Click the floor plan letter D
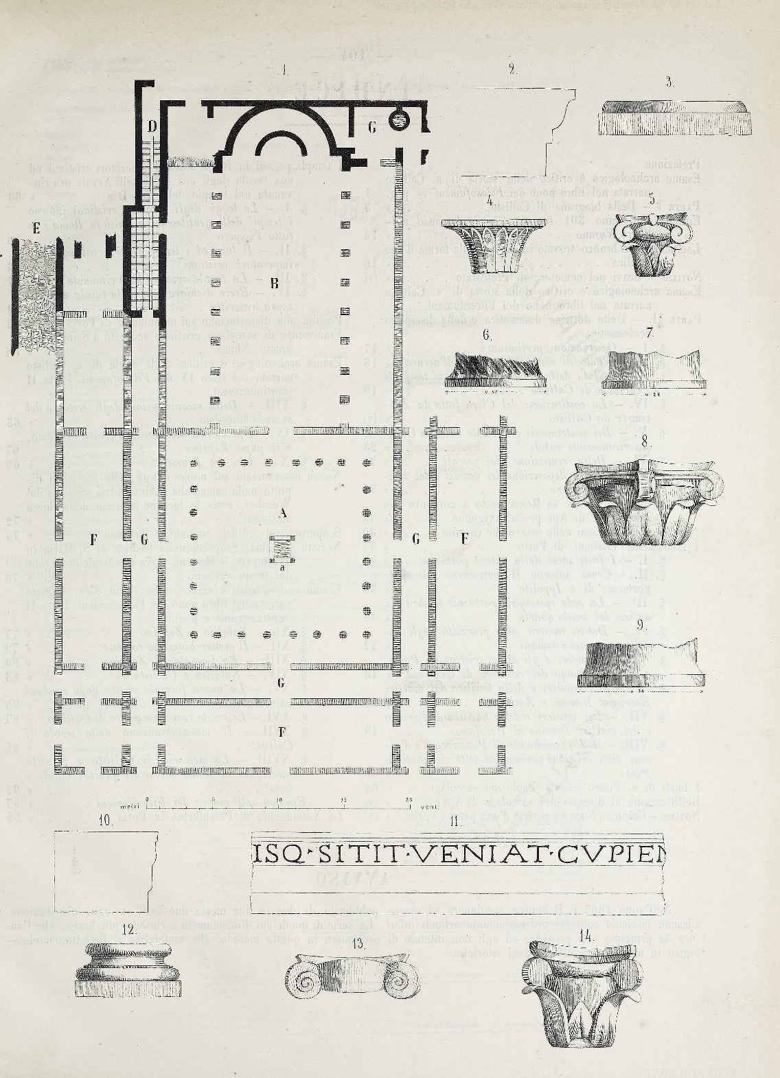(x=152, y=126)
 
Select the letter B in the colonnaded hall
(x=273, y=282)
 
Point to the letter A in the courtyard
(x=282, y=512)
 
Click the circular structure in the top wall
(x=398, y=121)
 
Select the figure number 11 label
(x=454, y=821)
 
